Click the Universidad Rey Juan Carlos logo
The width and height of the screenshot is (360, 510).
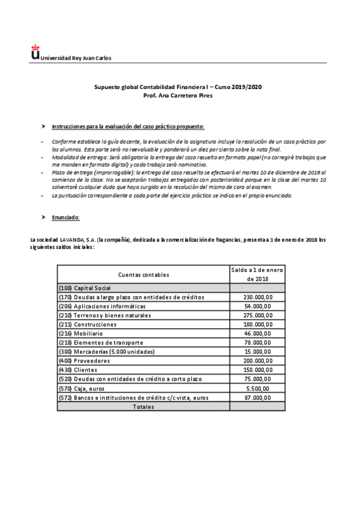coord(35,55)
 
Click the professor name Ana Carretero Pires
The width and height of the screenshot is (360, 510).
coord(178,96)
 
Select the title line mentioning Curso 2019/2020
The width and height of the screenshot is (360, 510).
coord(178,87)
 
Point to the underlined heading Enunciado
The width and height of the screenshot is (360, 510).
coord(66,217)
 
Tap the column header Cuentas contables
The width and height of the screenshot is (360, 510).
coord(144,274)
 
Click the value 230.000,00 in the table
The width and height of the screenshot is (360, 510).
coord(257,297)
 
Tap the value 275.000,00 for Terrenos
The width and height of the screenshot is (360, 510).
coord(257,315)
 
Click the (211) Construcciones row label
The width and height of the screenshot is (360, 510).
coord(87,324)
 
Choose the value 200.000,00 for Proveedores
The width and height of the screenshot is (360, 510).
coord(257,361)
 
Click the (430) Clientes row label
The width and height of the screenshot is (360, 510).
coord(79,370)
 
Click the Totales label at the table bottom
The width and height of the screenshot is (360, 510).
coord(144,407)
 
